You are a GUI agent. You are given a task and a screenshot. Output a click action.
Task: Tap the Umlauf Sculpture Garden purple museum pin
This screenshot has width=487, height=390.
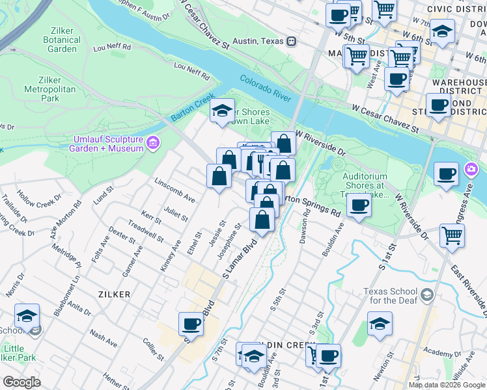(x=153, y=142)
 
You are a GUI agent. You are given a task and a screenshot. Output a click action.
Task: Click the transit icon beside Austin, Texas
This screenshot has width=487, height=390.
(x=292, y=41)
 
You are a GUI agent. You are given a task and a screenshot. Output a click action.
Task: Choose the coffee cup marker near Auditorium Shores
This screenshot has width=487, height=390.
(x=358, y=207)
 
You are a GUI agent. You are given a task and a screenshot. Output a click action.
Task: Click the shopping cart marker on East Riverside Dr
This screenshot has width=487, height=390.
(x=452, y=235)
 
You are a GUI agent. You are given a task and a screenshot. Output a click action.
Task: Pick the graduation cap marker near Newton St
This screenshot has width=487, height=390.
(x=380, y=323)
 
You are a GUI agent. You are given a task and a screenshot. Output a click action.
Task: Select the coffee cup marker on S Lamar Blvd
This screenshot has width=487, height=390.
(x=191, y=323)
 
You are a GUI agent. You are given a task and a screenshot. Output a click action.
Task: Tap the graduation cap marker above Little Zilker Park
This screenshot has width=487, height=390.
(x=27, y=316)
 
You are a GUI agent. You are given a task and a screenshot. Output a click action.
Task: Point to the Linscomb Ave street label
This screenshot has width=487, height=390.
(x=174, y=189)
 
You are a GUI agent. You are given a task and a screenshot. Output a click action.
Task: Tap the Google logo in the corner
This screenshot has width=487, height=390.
(x=21, y=382)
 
